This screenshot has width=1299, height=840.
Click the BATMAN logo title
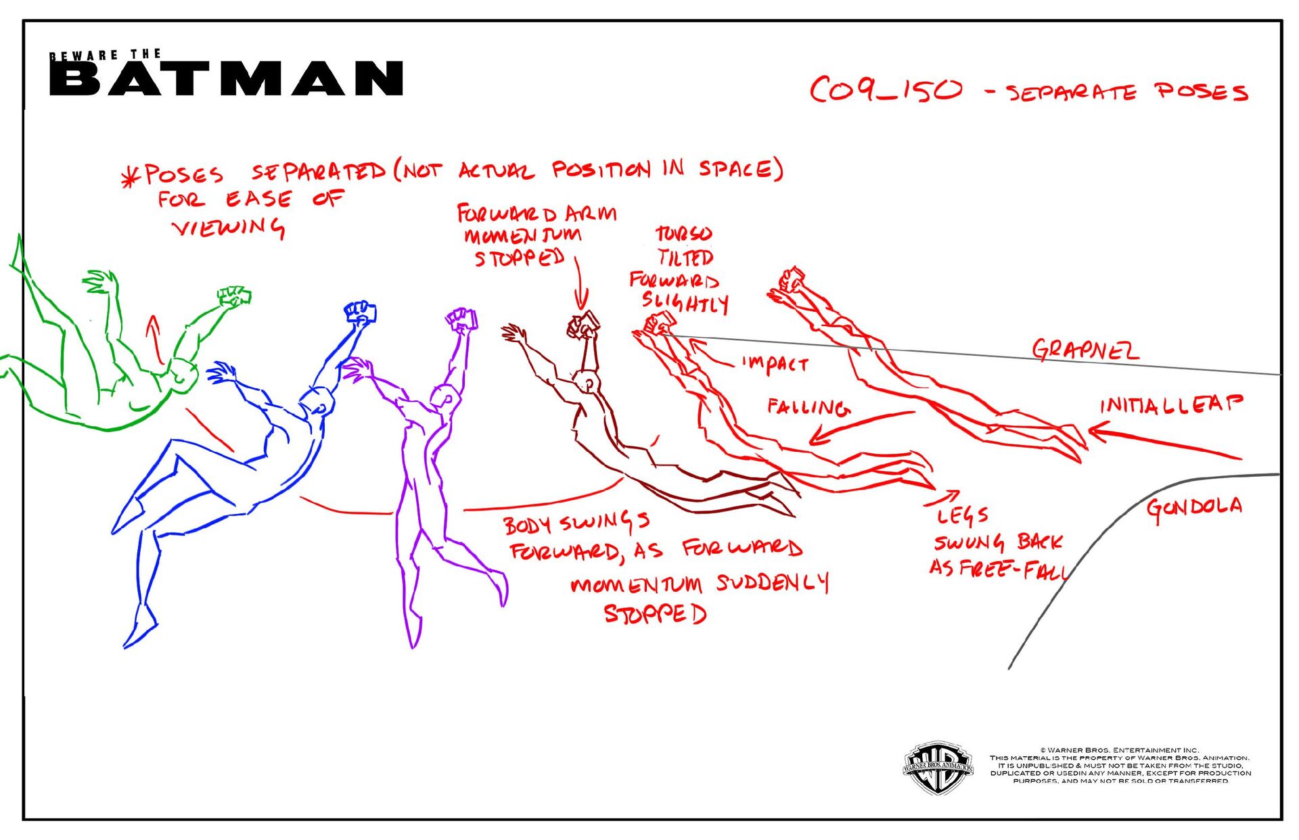[x=227, y=78]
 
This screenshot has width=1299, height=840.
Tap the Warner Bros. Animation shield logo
[x=938, y=767]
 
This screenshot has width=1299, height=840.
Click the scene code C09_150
[x=886, y=90]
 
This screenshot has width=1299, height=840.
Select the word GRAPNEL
[x=1085, y=350]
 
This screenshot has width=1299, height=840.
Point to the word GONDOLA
[x=1194, y=507]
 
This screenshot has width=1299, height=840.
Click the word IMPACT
[x=775, y=364]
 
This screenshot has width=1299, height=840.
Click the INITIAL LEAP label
[x=1171, y=404]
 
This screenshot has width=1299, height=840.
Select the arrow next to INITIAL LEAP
[x=1164, y=442]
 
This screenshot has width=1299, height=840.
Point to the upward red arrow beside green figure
[x=156, y=338]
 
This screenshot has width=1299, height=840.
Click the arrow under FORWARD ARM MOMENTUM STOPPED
[x=580, y=284]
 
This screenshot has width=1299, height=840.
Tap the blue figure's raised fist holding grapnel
[x=361, y=313]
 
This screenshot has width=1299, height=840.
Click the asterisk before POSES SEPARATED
[x=129, y=179]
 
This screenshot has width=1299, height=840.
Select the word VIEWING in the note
[x=229, y=227]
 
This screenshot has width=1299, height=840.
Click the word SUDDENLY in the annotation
[x=772, y=583]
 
